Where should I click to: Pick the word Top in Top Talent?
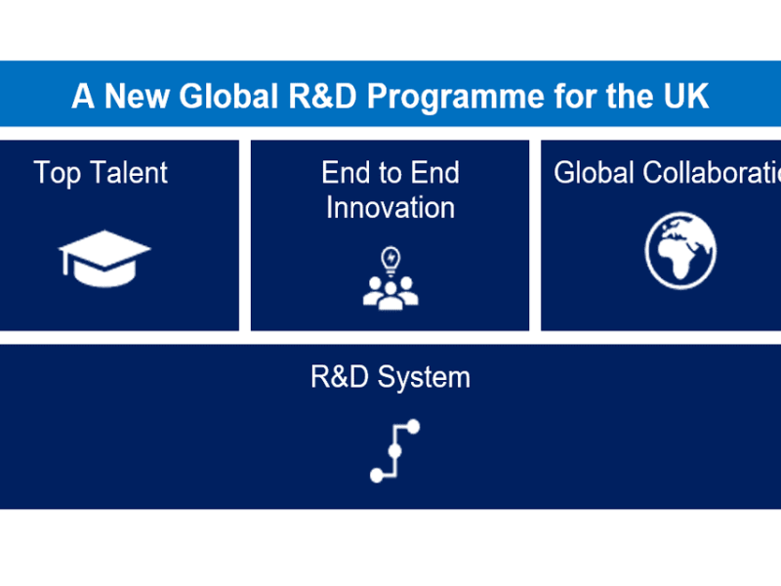(x=55, y=173)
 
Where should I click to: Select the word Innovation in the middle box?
(x=390, y=208)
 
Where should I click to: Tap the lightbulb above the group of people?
(x=391, y=259)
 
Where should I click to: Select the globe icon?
(x=680, y=253)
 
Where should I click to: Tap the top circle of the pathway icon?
(x=413, y=427)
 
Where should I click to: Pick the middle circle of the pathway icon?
(x=395, y=451)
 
